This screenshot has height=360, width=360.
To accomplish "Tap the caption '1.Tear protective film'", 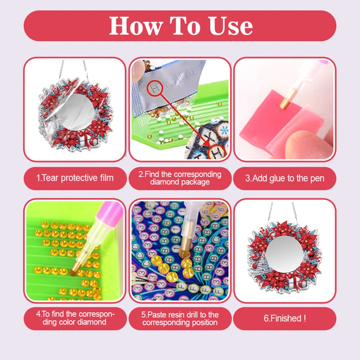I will coord(75,178).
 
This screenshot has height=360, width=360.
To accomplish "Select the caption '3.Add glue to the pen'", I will coord(284,178).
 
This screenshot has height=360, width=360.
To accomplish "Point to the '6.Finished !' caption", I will coord(284,318).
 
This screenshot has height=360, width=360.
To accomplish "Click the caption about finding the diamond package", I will coord(180,178).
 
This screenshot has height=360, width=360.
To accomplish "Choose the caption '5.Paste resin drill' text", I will coord(180,318).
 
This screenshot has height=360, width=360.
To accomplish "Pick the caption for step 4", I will coord(75,318).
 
